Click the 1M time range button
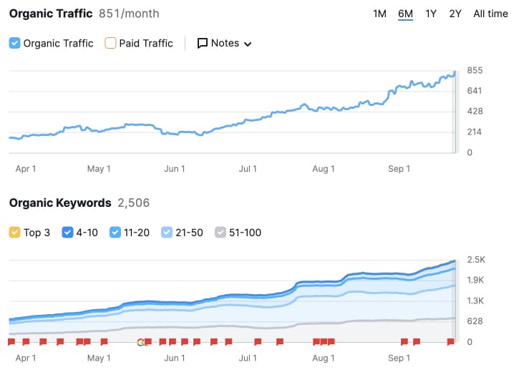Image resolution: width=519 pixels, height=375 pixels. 379,14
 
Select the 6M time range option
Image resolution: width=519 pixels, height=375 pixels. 405,14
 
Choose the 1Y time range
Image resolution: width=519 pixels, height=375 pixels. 431,14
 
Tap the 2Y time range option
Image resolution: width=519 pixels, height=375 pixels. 455,14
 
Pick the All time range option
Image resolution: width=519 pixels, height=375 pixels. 490,14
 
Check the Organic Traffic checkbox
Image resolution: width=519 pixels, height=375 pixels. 15,43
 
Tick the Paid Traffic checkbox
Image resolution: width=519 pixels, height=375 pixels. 110,43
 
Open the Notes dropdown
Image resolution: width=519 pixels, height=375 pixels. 224,43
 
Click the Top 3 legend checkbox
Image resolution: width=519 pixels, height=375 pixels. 15,232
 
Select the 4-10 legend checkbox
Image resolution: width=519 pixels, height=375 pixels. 67,232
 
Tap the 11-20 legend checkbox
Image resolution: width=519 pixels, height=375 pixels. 116,232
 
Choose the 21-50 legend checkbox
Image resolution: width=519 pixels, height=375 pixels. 167,232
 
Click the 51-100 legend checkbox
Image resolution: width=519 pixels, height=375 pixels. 221,232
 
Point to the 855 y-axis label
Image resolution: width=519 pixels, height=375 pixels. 475,70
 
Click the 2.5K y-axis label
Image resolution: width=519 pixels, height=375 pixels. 475,259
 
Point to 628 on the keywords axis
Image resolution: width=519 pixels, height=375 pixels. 475,321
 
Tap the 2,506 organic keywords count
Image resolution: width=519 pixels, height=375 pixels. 133,203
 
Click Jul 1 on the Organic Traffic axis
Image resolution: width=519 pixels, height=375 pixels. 248,169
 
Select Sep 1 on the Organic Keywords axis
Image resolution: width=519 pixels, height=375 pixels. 399,357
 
